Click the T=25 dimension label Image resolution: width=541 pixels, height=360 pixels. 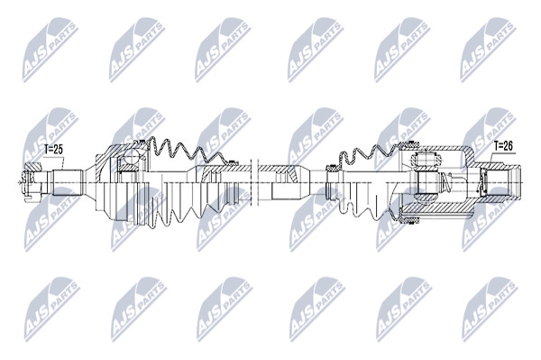tap(53, 150)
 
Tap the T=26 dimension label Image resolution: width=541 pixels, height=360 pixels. tap(503, 145)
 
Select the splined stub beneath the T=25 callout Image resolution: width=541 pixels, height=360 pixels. tap(67, 182)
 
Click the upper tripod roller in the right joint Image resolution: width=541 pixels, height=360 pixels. tap(426, 159)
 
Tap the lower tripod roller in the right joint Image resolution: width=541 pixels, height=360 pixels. tap(426, 199)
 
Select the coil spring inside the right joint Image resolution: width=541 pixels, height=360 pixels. tap(445, 182)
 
